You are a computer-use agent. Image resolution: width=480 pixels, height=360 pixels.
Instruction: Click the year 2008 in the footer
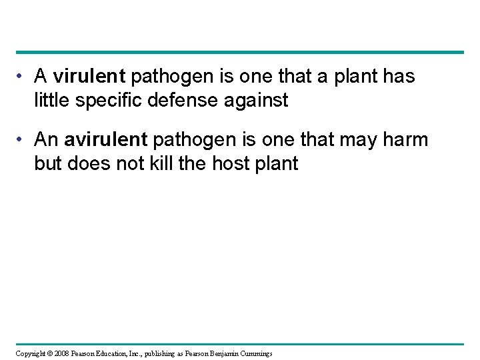[61, 353]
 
